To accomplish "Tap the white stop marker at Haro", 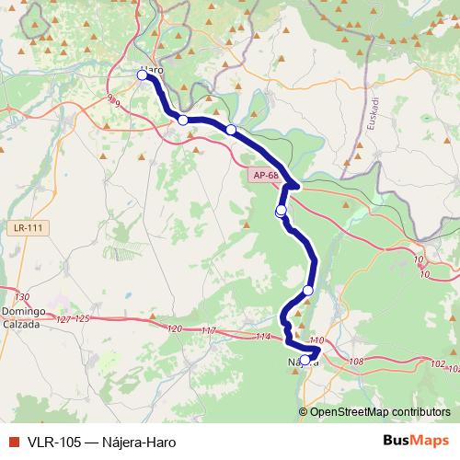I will (x=143, y=75).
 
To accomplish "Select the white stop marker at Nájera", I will (x=305, y=360).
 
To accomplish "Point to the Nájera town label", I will (x=305, y=362).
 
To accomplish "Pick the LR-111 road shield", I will (x=30, y=226).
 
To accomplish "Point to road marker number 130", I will (x=23, y=296).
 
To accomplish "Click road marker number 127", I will (x=63, y=318).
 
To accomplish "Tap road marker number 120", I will (x=176, y=328).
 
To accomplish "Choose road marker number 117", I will (x=208, y=331).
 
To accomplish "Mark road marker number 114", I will (x=264, y=337).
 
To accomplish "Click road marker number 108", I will (x=357, y=361).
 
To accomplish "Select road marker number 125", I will (x=82, y=318).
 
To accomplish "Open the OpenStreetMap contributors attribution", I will (x=378, y=411).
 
